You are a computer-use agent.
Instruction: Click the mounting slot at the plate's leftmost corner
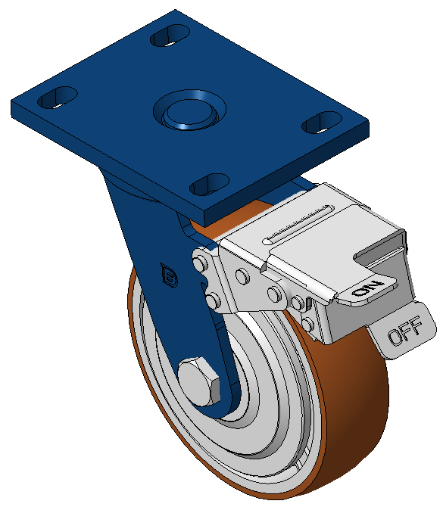pyautogui.click(x=58, y=98)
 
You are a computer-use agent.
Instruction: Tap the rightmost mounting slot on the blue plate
pyautogui.click(x=322, y=123)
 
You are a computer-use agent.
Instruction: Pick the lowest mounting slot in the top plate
pyautogui.click(x=209, y=185)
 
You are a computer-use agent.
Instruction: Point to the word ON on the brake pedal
pyautogui.click(x=367, y=289)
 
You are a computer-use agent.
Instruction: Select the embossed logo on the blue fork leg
pyautogui.click(x=169, y=275)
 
